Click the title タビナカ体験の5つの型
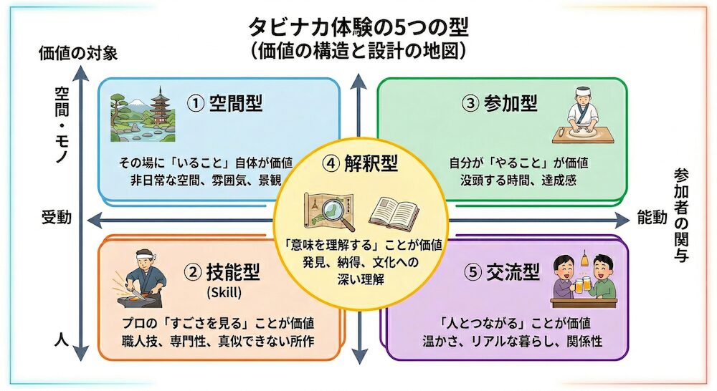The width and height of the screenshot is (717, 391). (x=358, y=27)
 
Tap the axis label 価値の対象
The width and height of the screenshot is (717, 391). (x=78, y=52)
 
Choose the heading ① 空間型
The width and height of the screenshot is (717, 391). (x=224, y=104)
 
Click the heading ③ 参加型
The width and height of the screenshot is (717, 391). (x=500, y=104)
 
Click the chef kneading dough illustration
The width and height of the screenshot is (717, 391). (x=580, y=115)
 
